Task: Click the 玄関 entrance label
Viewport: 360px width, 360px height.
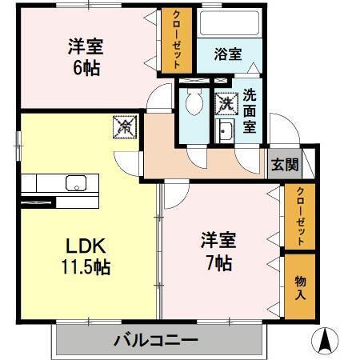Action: click(x=283, y=165)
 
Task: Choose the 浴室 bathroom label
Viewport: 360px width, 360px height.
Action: click(x=228, y=54)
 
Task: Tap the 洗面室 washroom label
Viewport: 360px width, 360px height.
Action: click(x=250, y=110)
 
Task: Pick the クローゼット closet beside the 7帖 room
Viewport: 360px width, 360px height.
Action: click(x=300, y=216)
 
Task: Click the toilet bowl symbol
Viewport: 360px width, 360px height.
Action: click(x=192, y=101)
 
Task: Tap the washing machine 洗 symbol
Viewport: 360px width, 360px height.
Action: click(x=226, y=103)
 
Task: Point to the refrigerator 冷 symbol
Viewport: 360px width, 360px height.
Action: click(x=126, y=126)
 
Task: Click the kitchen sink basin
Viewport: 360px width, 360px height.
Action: click(x=77, y=182)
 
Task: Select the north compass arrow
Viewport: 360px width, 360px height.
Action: click(x=326, y=340)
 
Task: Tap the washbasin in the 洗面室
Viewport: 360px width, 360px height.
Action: click(x=225, y=132)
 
